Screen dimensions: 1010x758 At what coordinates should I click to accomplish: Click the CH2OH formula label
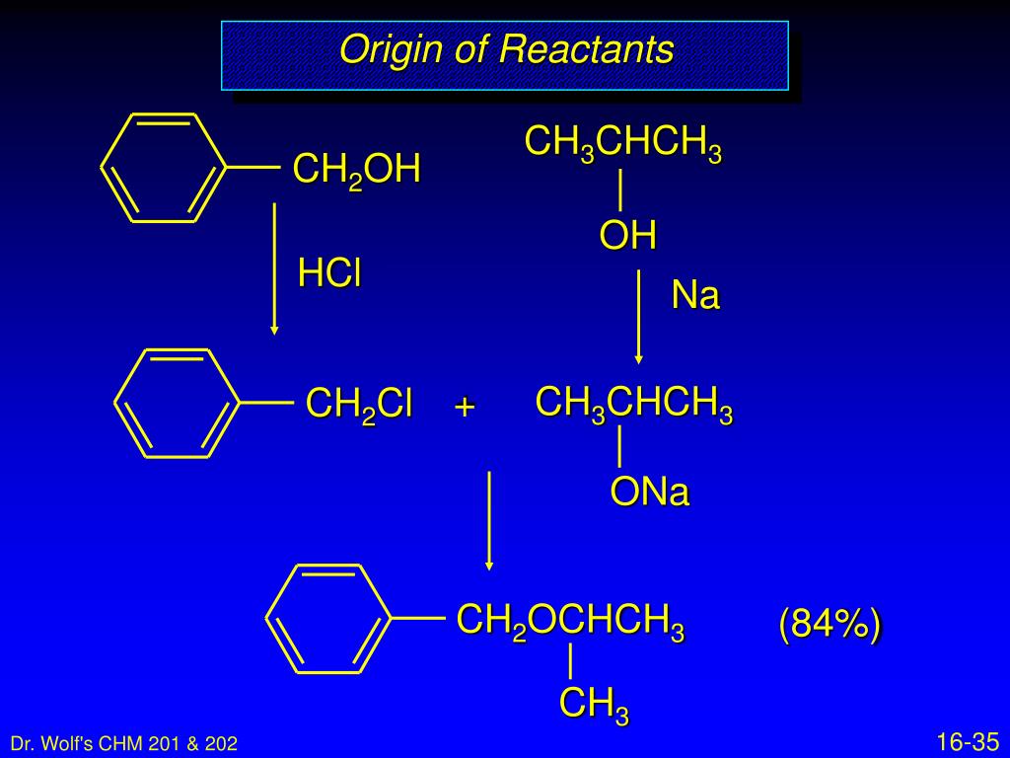pyautogui.click(x=356, y=170)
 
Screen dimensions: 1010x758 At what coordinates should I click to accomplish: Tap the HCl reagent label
pyautogui.click(x=329, y=274)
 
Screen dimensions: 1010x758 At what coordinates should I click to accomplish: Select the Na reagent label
pyautogui.click(x=695, y=295)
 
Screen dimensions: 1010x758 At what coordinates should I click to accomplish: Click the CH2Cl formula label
pyautogui.click(x=359, y=405)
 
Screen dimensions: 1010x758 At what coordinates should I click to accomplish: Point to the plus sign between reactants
pyautogui.click(x=465, y=406)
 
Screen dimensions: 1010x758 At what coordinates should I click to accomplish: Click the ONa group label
pyautogui.click(x=649, y=493)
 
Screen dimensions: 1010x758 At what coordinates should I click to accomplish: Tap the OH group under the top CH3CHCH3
pyautogui.click(x=627, y=236)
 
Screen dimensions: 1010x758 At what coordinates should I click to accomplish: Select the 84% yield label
pyautogui.click(x=830, y=625)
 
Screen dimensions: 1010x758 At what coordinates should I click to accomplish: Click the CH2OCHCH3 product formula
pyautogui.click(x=570, y=622)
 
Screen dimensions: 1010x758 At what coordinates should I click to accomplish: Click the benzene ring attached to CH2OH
pyautogui.click(x=164, y=167)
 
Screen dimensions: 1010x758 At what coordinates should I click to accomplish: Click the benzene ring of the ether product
pyautogui.click(x=328, y=619)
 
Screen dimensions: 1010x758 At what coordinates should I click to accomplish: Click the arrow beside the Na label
pyautogui.click(x=639, y=316)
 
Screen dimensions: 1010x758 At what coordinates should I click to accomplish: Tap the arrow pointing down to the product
pyautogui.click(x=488, y=520)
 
